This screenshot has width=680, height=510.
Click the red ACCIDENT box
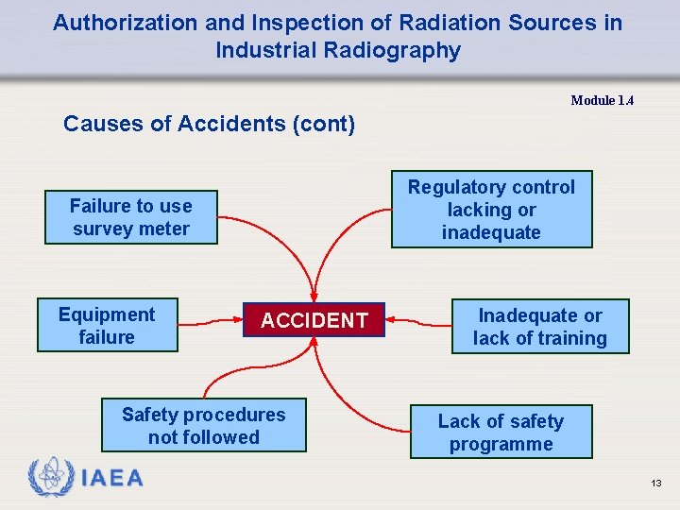click(x=314, y=320)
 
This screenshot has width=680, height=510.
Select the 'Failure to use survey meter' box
click(x=130, y=217)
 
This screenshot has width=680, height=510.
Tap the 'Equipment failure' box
click(x=107, y=326)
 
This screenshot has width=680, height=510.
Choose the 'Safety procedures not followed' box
click(x=203, y=426)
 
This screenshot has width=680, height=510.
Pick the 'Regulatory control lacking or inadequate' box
click(x=491, y=210)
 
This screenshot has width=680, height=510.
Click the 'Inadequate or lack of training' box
click(x=539, y=327)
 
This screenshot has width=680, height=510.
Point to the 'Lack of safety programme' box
click(x=501, y=433)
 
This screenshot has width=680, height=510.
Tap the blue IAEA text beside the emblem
click(x=112, y=479)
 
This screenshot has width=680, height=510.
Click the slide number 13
click(x=655, y=484)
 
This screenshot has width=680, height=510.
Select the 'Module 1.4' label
click(x=602, y=100)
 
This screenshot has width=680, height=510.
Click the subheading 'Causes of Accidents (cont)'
click(x=209, y=124)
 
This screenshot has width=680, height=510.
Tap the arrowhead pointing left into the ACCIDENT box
click(x=392, y=319)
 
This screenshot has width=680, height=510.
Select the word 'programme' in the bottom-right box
click(x=501, y=444)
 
